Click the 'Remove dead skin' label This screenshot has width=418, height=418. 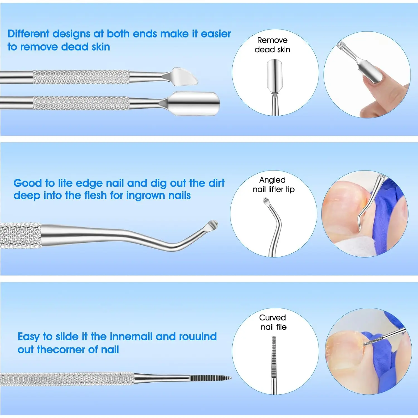click(x=272, y=45)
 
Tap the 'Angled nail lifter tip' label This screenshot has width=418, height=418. click(x=273, y=184)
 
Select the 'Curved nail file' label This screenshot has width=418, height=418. click(x=273, y=322)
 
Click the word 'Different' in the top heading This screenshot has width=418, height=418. click(x=28, y=34)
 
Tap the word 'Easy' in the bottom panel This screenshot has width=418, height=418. click(x=28, y=337)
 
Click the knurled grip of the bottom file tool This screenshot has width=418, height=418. click(x=67, y=379)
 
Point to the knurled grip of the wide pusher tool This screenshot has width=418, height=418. click(x=81, y=103)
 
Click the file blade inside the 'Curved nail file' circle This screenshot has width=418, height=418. click(x=274, y=354)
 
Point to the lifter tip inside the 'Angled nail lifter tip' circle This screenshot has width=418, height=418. click(x=266, y=201)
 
